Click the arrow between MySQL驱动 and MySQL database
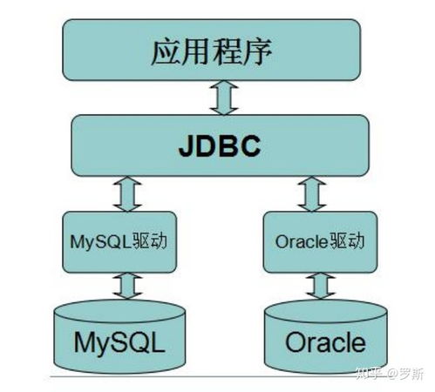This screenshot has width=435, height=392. (x=128, y=283)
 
